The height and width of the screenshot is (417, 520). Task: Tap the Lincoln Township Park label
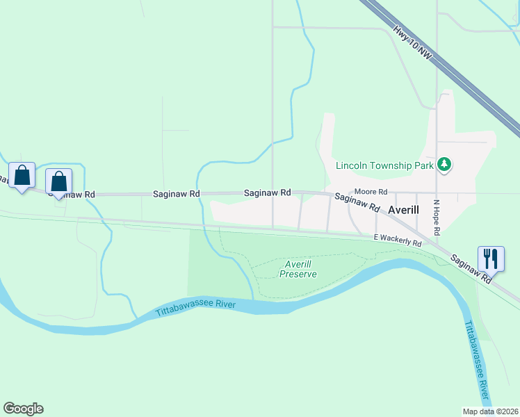(x=384, y=165)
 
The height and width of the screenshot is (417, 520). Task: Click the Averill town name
(x=406, y=209)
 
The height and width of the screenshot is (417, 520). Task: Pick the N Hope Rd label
(x=437, y=215)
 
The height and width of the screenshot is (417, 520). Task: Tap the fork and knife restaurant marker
(x=491, y=259)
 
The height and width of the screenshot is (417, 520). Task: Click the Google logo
(x=23, y=409)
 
